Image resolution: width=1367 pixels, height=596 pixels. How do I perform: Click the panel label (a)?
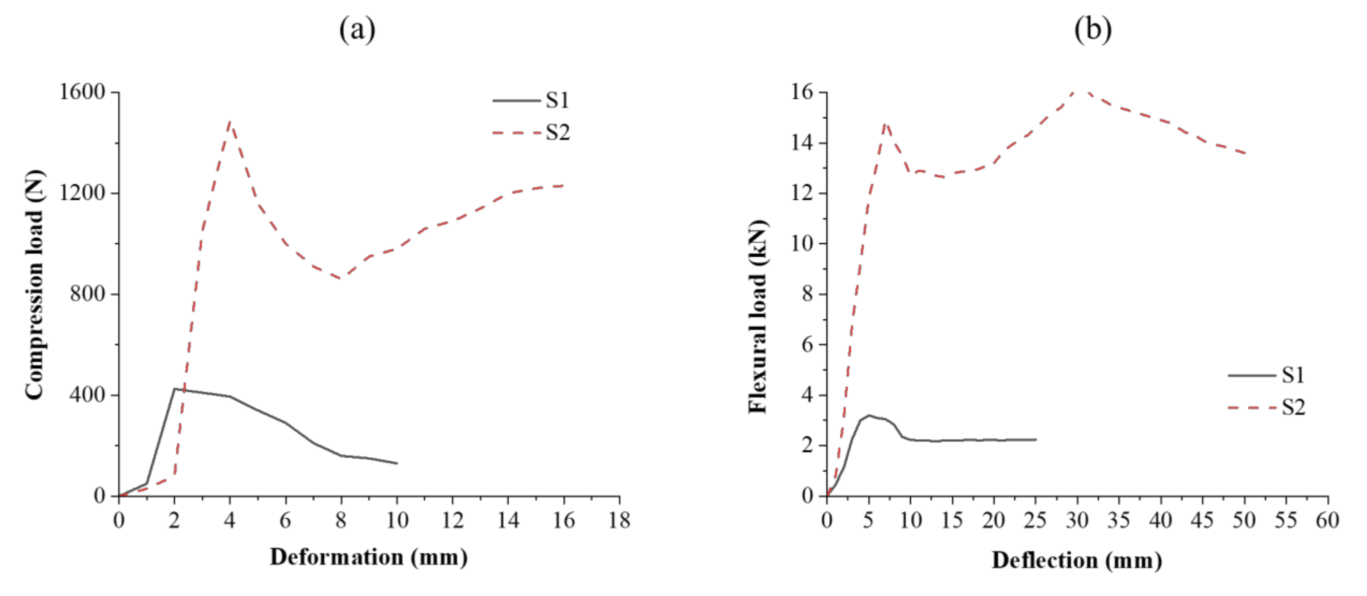click(x=357, y=30)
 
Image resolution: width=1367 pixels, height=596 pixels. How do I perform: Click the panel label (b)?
click(x=1093, y=30)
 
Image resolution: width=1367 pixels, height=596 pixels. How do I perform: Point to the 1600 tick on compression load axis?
click(x=82, y=92)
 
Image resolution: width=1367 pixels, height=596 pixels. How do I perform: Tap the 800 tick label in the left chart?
click(x=88, y=293)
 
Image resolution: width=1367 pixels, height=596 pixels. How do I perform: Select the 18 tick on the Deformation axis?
click(x=619, y=521)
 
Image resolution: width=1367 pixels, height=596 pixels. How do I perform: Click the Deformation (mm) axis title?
click(x=369, y=557)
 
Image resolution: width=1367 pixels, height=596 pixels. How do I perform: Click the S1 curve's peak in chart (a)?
click(x=174, y=389)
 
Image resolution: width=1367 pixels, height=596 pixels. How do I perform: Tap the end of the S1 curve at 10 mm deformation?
click(x=397, y=463)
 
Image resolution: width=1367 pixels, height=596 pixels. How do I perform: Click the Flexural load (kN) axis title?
click(x=758, y=316)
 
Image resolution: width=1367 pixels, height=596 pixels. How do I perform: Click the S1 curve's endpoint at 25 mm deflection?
click(x=1035, y=439)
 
